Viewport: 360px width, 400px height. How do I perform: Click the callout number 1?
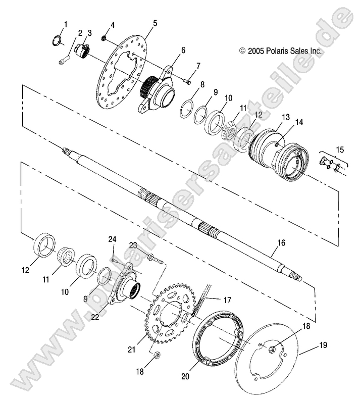pyautogui.click(x=65, y=24)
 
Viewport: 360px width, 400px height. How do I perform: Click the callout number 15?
pyautogui.click(x=340, y=149)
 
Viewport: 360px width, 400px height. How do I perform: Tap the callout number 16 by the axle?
pyautogui.click(x=281, y=243)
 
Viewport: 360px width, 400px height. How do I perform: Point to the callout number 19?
pyautogui.click(x=323, y=345)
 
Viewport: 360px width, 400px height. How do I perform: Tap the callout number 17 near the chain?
pyautogui.click(x=227, y=300)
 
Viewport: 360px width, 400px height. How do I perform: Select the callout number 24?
pyautogui.click(x=112, y=239)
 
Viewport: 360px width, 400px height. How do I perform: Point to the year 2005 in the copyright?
pyautogui.click(x=253, y=51)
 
